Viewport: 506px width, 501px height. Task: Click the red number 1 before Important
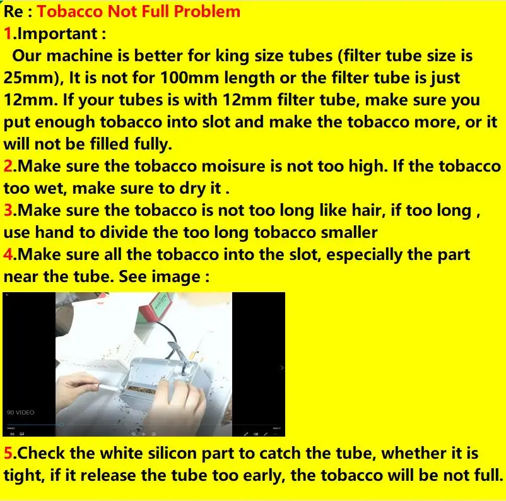[7, 33]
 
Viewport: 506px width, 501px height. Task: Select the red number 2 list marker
[8, 165]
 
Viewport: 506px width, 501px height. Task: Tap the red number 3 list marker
[8, 210]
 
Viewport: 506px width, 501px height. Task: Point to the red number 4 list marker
[8, 254]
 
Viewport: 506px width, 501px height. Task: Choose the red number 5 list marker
[8, 453]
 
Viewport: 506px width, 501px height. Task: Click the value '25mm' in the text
[30, 78]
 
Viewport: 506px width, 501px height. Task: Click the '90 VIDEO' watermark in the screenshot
[21, 413]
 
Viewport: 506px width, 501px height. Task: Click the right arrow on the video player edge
[281, 367]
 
